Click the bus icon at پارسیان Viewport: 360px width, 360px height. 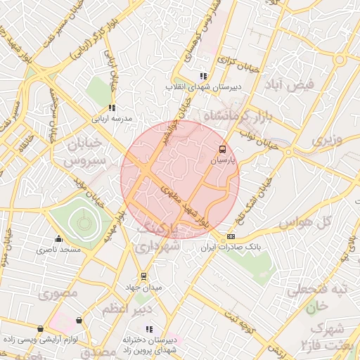[223, 149]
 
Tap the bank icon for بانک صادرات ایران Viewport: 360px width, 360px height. [231, 237]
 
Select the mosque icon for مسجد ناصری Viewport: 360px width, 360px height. [59, 238]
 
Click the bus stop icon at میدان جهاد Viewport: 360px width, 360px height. [144, 276]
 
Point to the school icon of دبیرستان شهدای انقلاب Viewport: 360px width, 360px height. [203, 76]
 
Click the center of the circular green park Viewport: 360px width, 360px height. [84, 224]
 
